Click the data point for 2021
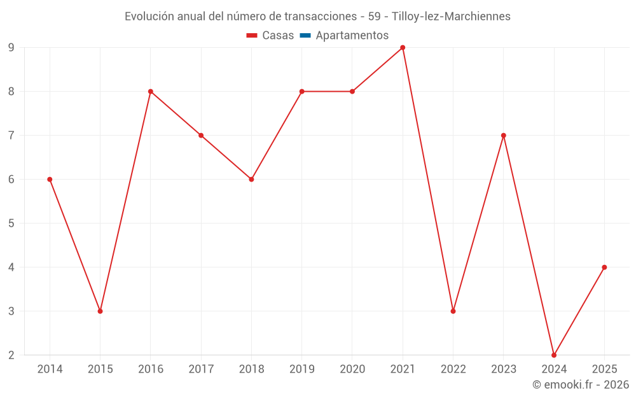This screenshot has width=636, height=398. point(403,48)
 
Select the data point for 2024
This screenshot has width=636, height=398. point(554,355)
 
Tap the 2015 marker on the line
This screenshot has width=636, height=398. point(100,311)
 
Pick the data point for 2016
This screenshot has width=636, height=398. point(151,92)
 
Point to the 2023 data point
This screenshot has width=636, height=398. point(504,136)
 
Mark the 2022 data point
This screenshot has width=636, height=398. point(453,311)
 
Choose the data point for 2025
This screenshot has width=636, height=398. point(604,267)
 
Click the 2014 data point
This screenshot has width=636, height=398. point(50,180)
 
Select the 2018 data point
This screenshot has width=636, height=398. point(251,180)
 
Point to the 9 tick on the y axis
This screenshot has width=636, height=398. point(11,48)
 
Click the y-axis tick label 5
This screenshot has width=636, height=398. point(11,224)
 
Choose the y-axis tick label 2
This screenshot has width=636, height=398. point(11,355)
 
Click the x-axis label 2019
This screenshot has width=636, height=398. point(301,369)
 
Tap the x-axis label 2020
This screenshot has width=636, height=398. point(352,369)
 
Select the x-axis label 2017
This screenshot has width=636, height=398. point(201,369)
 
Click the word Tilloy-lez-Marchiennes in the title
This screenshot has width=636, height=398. point(451,17)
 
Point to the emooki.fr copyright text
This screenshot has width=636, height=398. point(580,385)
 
